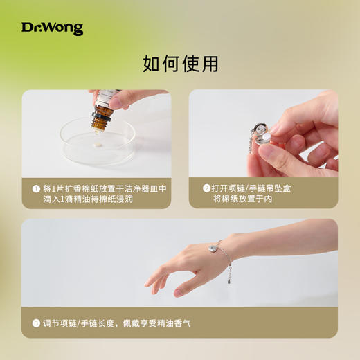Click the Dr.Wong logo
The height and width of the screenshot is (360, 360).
coord(52,28)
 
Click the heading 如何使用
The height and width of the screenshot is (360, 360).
coord(180,64)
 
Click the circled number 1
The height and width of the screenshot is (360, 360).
coord(36,188)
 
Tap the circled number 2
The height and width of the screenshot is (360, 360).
coord(206,188)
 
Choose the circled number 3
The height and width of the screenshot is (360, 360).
coord(36,323)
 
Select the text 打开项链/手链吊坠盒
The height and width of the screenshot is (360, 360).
coord(253,188)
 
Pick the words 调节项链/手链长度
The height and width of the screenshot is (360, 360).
coord(79,323)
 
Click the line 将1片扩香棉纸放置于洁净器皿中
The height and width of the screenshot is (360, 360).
coord(105,188)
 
